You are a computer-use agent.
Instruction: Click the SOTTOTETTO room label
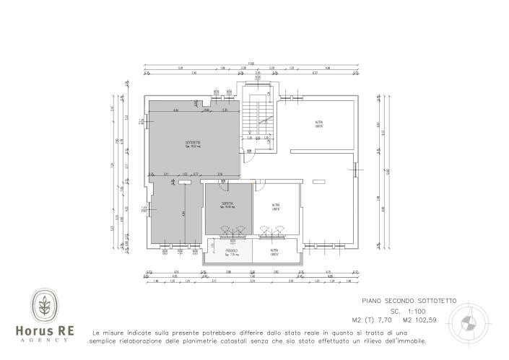pyautogui.click(x=193, y=144)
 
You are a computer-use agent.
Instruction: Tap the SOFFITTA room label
pyautogui.click(x=227, y=205)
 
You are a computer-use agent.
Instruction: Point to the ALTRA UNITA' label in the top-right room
pyautogui.click(x=318, y=124)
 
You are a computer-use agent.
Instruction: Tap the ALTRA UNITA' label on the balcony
pyautogui.click(x=275, y=253)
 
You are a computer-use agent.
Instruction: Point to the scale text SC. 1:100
pyautogui.click(x=409, y=309)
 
